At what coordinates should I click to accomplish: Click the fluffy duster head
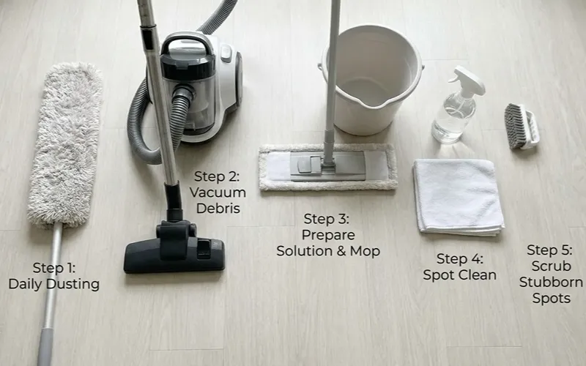tap(65, 146)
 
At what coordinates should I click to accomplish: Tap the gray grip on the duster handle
tap(45, 347)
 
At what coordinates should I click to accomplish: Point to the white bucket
tap(372, 79)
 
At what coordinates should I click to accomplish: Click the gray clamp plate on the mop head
tap(327, 166)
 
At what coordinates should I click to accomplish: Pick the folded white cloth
tap(459, 197)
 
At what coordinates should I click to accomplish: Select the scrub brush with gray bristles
tap(522, 126)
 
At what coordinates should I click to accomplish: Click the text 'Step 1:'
tap(53, 268)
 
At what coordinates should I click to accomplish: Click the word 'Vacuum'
tap(218, 193)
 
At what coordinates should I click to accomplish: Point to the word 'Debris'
tap(218, 209)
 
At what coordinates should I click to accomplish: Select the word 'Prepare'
tap(328, 235)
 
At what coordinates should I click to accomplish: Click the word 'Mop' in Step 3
tap(365, 251)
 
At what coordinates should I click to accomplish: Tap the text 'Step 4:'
tap(460, 259)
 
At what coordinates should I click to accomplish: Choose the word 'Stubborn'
tap(551, 282)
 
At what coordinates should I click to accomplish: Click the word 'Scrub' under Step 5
tap(552, 266)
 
